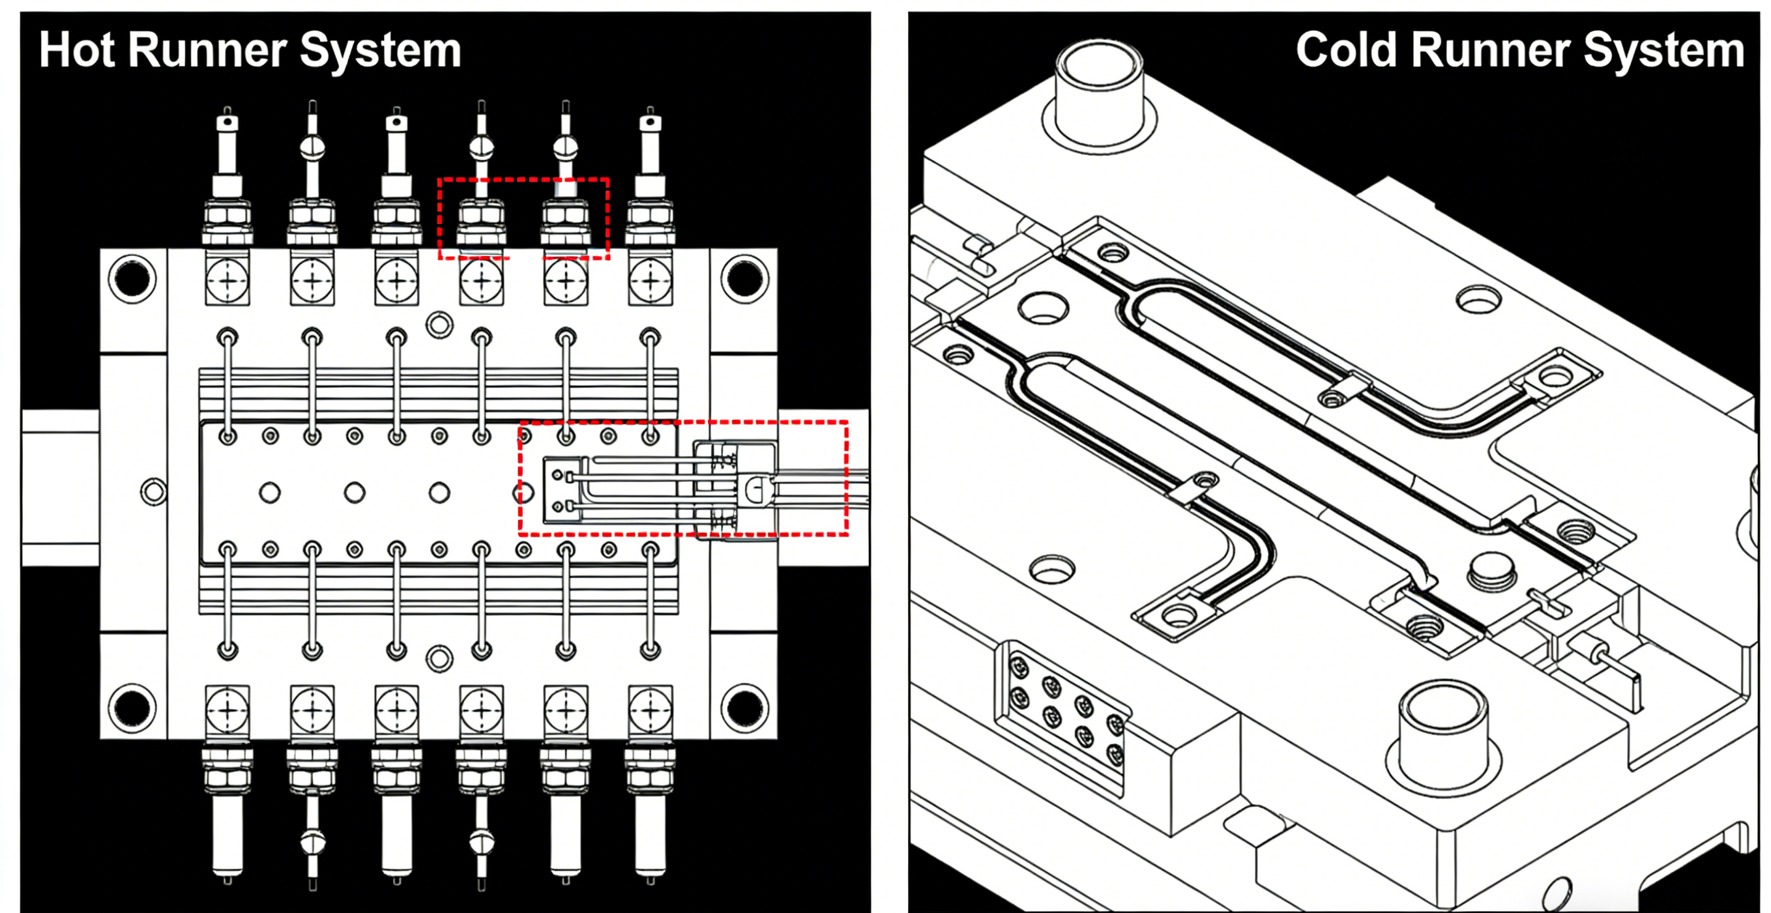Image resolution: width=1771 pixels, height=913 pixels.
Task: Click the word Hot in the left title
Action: tap(76, 50)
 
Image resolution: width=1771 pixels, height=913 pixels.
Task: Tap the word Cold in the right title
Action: tap(1345, 50)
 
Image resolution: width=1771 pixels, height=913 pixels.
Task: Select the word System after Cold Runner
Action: tap(1663, 50)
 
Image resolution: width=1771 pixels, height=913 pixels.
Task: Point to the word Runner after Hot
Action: tap(207, 50)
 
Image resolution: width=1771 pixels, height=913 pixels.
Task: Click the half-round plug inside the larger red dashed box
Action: tap(755, 489)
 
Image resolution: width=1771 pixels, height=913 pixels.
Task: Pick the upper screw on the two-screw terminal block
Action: tap(557, 475)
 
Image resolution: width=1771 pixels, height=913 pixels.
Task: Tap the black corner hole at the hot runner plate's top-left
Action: tap(132, 278)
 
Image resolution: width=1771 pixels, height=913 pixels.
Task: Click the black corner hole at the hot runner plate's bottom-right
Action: tap(744, 708)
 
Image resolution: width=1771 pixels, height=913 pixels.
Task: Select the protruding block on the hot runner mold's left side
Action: tap(60, 487)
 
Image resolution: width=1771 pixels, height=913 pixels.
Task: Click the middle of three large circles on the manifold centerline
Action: tap(355, 492)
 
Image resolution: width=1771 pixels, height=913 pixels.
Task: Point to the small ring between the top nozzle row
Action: tap(439, 325)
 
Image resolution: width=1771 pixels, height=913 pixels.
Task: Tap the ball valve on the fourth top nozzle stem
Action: tap(481, 147)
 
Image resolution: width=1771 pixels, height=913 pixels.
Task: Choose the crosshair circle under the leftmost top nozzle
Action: tap(227, 281)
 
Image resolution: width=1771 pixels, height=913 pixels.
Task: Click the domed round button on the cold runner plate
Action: tap(1491, 570)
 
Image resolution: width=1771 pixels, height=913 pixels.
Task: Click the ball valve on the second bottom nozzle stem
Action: tap(313, 841)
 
